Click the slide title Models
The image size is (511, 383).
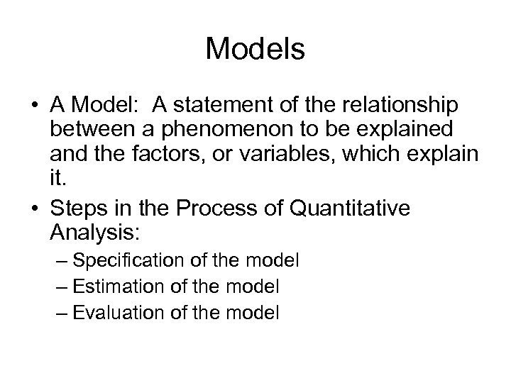click(255, 50)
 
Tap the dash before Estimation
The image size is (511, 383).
click(62, 287)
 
